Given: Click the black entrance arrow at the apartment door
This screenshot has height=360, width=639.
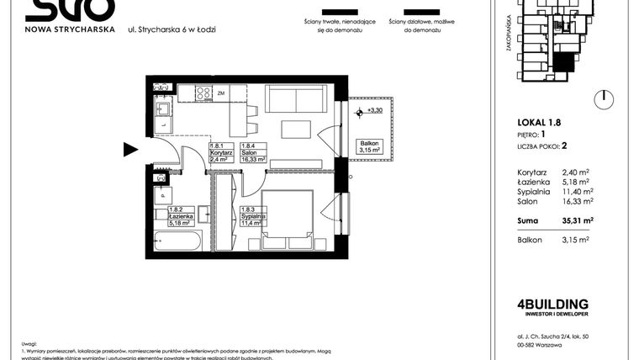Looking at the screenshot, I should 130,150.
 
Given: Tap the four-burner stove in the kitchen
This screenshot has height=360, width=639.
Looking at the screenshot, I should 203,93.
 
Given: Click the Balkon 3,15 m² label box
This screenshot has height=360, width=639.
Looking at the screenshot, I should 370,147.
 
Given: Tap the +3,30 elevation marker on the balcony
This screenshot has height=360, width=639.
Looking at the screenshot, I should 372,110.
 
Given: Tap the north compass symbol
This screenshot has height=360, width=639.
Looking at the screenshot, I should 602,98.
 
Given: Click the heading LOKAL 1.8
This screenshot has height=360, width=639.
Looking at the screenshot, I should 538,122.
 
